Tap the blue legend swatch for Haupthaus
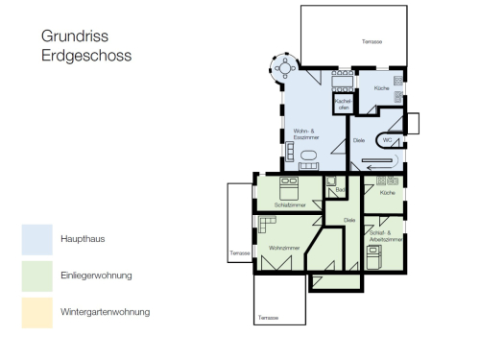(x=37, y=239)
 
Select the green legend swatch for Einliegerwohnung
(x=37, y=276)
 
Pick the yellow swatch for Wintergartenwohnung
(x=37, y=312)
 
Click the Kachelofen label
(x=343, y=104)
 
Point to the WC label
(x=387, y=140)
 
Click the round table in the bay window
(x=285, y=68)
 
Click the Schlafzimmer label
(x=289, y=204)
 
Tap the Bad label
(x=339, y=190)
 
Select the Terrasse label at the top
(x=372, y=42)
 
